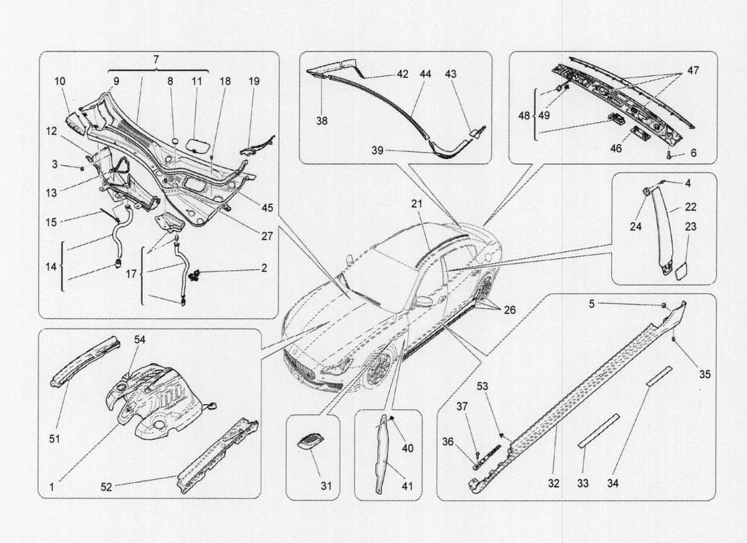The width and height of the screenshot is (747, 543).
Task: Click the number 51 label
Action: point(55,439)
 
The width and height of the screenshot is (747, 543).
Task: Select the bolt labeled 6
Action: point(670,155)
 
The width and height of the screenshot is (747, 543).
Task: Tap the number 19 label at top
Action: point(253,81)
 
